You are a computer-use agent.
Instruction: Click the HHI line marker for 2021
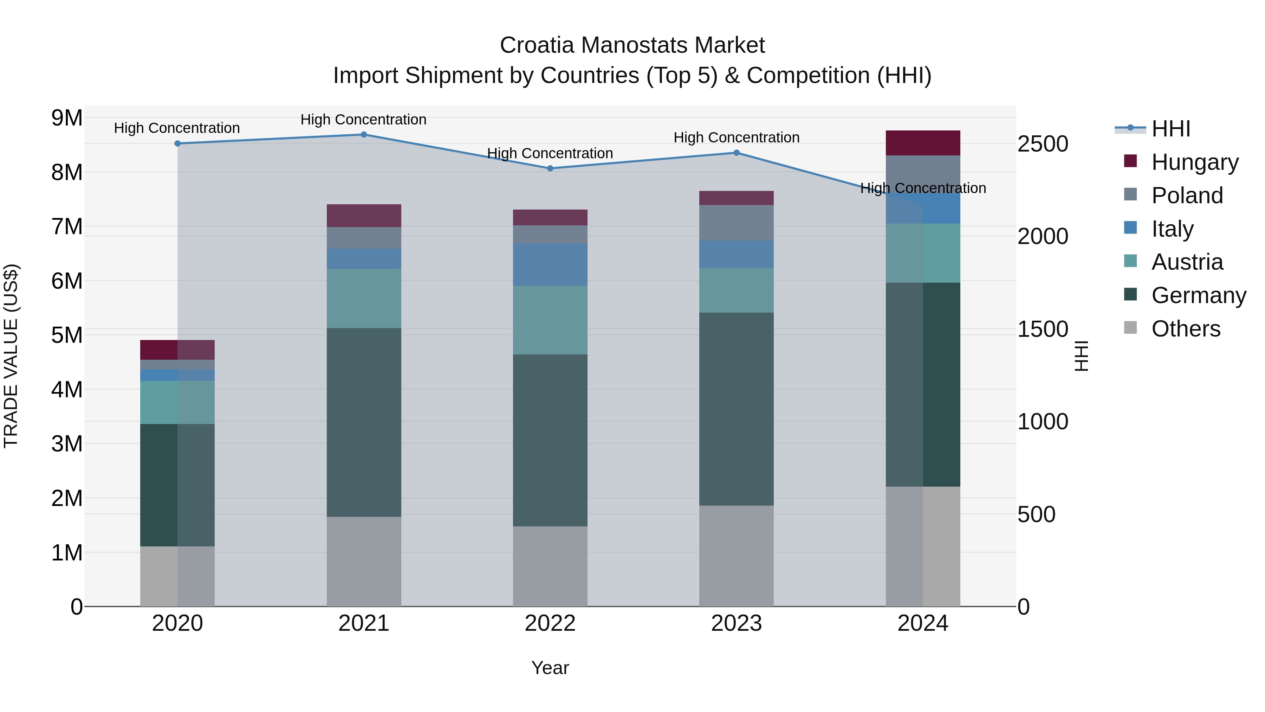tap(364, 135)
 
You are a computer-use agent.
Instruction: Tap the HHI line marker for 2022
tap(550, 168)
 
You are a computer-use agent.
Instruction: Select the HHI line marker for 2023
tap(737, 153)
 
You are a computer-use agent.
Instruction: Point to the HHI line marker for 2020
tap(178, 143)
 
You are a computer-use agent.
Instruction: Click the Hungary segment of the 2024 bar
tap(923, 143)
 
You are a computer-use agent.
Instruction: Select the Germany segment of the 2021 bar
tap(364, 423)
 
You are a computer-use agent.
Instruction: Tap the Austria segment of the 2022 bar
tap(550, 320)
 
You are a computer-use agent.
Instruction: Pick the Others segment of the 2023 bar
tap(737, 556)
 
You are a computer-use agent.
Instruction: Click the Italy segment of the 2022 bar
tap(550, 265)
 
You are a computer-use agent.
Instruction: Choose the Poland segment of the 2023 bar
tap(737, 223)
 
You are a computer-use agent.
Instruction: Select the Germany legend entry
tap(1198, 296)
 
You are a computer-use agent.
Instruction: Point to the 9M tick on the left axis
tap(67, 118)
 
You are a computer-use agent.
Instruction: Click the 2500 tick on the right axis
tap(1042, 144)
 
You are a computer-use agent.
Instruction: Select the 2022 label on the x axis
tap(550, 623)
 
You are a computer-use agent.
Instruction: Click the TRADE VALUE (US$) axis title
tap(11, 356)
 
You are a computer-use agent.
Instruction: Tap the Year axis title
tap(550, 668)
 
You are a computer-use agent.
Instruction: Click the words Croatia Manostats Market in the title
tap(632, 45)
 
